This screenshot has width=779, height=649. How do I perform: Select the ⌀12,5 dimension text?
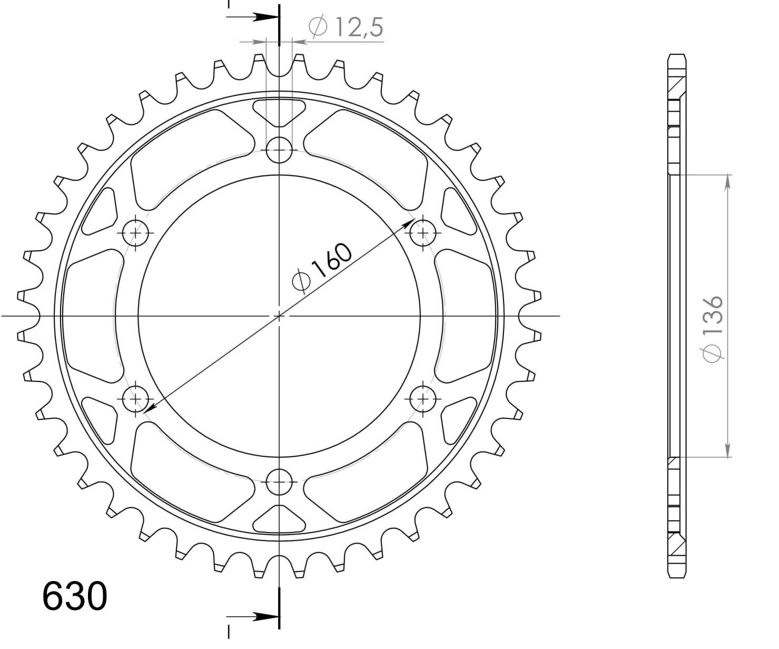pyautogui.click(x=346, y=27)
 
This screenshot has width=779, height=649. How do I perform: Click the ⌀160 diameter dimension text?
pyautogui.click(x=322, y=267)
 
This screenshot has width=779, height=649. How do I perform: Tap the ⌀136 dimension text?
pyautogui.click(x=714, y=328)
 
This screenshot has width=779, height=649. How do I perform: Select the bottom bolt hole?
pyautogui.click(x=279, y=481)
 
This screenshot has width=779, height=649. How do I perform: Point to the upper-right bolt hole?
pyautogui.click(x=422, y=232)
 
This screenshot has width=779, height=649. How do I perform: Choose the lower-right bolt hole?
pyautogui.click(x=422, y=399)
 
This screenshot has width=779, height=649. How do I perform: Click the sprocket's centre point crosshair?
pyautogui.click(x=279, y=316)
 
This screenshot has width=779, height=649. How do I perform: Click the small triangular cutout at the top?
pyautogui.click(x=279, y=111)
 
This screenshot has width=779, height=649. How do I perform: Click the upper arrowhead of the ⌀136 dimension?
pyautogui.click(x=728, y=181)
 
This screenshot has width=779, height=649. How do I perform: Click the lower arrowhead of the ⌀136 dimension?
pyautogui.click(x=728, y=450)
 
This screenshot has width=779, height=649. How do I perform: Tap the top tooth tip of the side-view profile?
pyautogui.click(x=677, y=56)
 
